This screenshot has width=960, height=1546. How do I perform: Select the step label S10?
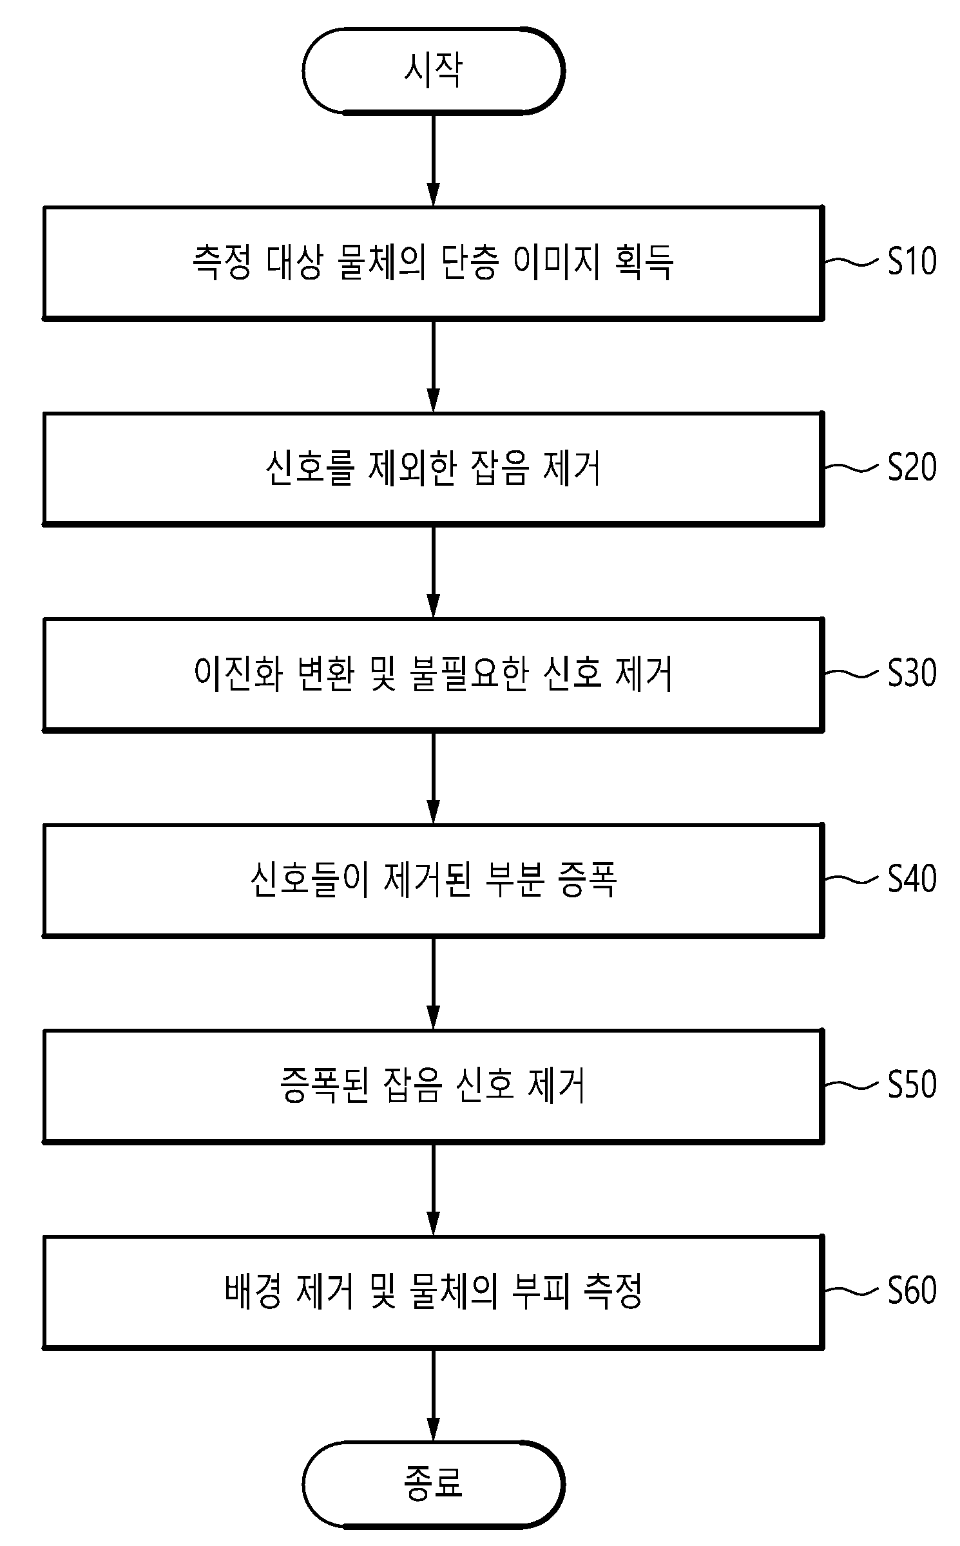912,261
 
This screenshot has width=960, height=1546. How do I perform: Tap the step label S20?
912,467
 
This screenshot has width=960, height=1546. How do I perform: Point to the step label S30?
912,673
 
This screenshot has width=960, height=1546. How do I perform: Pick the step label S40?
912,879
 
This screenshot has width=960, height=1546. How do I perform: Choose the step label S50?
912,1085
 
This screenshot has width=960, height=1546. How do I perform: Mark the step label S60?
912,1291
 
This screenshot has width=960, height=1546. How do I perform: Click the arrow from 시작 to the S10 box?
434,160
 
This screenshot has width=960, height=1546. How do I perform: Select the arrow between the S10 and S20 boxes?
434,365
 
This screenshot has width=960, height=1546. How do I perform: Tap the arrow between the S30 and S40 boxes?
434,778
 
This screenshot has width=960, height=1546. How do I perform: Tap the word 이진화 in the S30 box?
237,674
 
